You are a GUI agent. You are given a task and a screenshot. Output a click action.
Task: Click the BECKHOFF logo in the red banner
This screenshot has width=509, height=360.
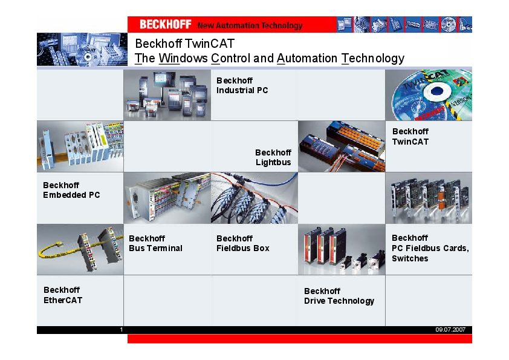pos(165,25)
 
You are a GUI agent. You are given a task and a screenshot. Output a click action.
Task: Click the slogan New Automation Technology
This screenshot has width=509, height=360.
pos(250,25)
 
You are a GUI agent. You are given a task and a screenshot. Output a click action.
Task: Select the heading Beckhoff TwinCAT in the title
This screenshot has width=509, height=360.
pos(184,44)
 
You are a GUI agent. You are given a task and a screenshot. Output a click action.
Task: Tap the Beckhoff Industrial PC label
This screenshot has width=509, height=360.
pos(242,85)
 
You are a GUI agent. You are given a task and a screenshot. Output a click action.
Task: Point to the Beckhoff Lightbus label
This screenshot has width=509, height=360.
pos(273,157)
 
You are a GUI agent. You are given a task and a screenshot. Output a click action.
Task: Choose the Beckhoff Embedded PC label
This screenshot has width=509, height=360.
pos(71,190)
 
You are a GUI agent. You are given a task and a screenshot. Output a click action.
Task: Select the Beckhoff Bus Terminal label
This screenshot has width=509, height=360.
pos(155,243)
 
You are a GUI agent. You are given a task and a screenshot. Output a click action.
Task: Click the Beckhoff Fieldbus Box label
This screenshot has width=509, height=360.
pos(242,243)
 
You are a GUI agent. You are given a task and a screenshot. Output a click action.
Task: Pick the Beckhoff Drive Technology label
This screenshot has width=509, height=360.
pos(339,296)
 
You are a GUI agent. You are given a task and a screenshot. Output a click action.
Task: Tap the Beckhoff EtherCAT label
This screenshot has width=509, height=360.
pos(62,295)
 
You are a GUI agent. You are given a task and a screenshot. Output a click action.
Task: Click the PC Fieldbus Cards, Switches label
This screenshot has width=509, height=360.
pos(430,248)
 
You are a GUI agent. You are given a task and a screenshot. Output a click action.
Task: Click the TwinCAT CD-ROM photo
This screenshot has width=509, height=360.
pos(429,95)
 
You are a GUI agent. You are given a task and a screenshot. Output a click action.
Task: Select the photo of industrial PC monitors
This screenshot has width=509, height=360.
pos(167,95)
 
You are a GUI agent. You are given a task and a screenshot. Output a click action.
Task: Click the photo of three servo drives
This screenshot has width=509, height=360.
pos(342,250)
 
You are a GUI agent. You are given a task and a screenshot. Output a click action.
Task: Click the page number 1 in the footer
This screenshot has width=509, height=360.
pos(122,330)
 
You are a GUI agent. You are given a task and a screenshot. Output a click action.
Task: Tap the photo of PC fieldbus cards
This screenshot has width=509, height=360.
pos(429,198)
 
